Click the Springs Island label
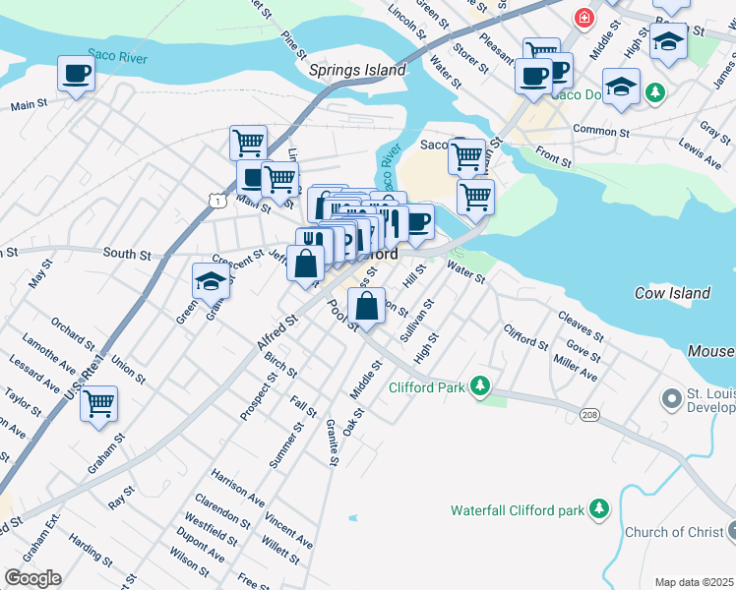pos(357,71)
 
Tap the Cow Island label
pos(673,293)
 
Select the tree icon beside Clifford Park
pos(479,386)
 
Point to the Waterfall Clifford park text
pos(517,510)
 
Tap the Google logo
pos(31,578)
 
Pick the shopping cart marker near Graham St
pos(98,403)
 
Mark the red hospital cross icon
pos(584,18)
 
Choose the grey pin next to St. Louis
pos(672,399)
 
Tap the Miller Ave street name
pos(576,369)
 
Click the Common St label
pos(600,131)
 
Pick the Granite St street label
pos(333,442)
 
